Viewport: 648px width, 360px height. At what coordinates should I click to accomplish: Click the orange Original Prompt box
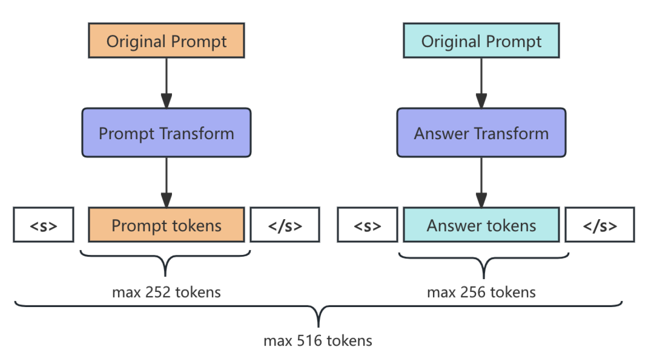(166, 41)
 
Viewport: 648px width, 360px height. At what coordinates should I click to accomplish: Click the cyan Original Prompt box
(481, 41)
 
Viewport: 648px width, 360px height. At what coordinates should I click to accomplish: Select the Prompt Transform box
(166, 133)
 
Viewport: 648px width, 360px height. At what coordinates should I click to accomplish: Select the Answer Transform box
(481, 133)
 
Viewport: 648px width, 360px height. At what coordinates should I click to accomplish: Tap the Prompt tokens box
(166, 225)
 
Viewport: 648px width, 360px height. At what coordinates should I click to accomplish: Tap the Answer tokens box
(481, 225)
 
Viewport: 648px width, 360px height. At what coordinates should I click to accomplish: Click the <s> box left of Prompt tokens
(44, 225)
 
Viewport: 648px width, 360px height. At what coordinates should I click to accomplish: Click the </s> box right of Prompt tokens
(285, 225)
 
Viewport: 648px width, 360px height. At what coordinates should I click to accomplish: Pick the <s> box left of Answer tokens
(367, 225)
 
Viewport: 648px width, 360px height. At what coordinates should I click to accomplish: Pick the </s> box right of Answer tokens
(600, 225)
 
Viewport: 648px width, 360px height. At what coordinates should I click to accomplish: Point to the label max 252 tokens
(166, 292)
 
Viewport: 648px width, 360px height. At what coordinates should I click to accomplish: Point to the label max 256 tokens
(481, 292)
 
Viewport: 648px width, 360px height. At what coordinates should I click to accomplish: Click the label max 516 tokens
(318, 341)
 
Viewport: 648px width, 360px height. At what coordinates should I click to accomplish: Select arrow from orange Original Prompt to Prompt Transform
(166, 82)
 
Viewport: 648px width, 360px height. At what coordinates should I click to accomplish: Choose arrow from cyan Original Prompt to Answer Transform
(481, 82)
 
